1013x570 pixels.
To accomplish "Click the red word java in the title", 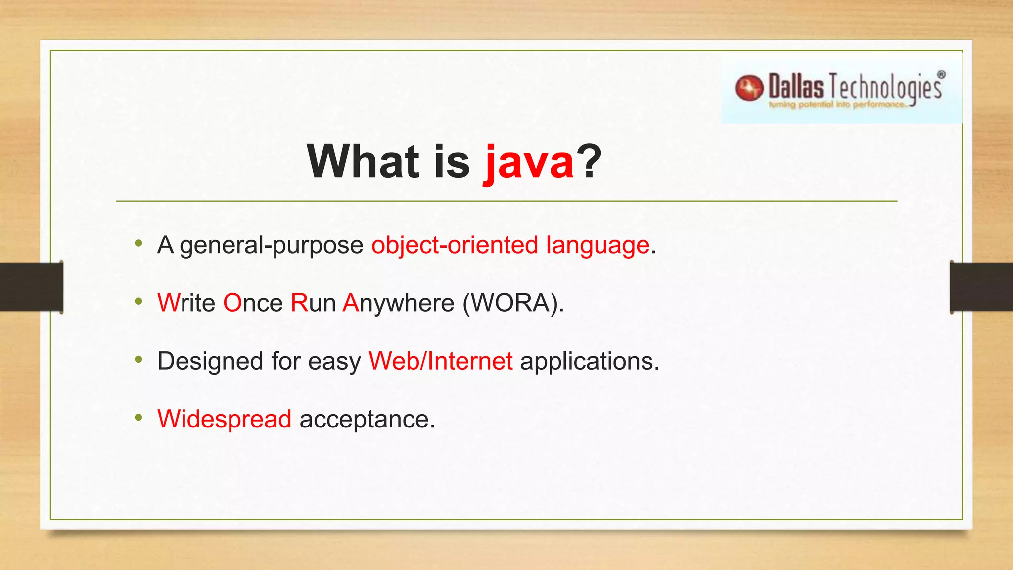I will (x=528, y=162).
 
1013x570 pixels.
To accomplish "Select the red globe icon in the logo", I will (x=749, y=88).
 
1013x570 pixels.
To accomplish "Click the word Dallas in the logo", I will (x=796, y=87).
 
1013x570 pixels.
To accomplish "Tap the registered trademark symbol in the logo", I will (x=941, y=75).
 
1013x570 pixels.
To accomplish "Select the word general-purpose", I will (x=272, y=245).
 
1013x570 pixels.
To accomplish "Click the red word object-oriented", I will (x=455, y=245).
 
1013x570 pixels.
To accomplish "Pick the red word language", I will (x=598, y=245).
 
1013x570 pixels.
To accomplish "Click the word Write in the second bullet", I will (x=186, y=303).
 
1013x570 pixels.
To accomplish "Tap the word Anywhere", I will (x=398, y=303).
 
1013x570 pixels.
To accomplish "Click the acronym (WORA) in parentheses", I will (x=513, y=303).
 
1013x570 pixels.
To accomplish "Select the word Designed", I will (x=210, y=361).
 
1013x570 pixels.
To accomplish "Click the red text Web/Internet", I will (x=440, y=361).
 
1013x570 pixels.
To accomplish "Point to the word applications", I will (x=590, y=361).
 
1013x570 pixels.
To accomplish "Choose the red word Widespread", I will (x=225, y=419).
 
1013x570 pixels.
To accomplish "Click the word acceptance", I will (x=367, y=420).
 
